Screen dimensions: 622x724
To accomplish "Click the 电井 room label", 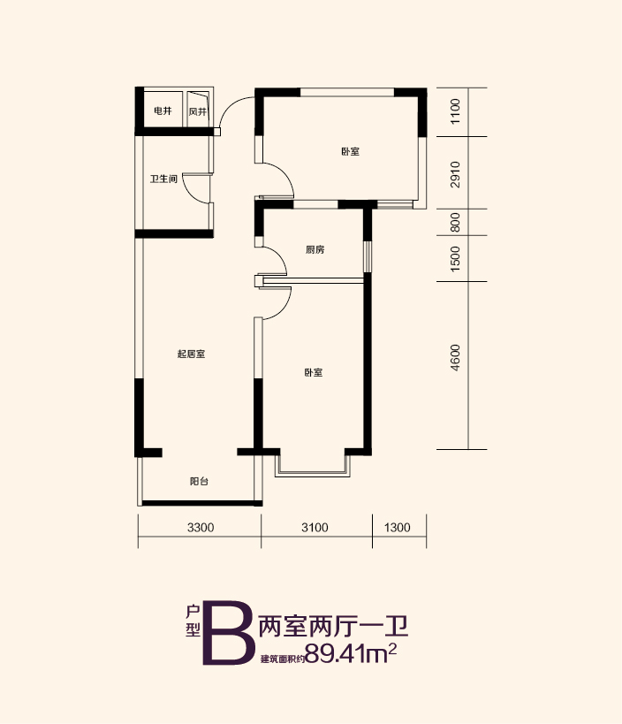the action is tap(163, 111).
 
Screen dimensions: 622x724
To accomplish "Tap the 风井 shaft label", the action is tap(198, 111).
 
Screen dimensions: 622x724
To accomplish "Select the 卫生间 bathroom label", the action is tap(163, 179).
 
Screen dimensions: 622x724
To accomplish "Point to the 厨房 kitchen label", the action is tap(315, 250).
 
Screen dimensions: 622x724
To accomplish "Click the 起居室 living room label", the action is tap(192, 354).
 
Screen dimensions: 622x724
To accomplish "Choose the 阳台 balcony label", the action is tap(199, 481).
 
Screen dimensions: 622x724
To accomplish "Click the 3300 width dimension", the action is tap(201, 527).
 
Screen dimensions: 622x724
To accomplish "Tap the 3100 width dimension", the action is tap(315, 527).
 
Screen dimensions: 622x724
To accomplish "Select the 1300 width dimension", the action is tap(398, 527).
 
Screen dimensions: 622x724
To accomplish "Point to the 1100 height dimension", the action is tap(455, 111).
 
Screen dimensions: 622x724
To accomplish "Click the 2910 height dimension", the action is tap(455, 174).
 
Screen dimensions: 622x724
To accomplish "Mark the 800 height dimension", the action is tap(455, 222).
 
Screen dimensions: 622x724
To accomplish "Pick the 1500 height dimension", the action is tap(455, 258).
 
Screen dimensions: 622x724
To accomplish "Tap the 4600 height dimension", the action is tap(455, 357).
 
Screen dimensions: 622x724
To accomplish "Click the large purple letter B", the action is tap(229, 633).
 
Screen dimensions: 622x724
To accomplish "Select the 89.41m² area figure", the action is tap(351, 652).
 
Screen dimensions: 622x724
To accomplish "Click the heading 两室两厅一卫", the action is tap(333, 627).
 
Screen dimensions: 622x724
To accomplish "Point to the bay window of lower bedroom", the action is tap(313, 473).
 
